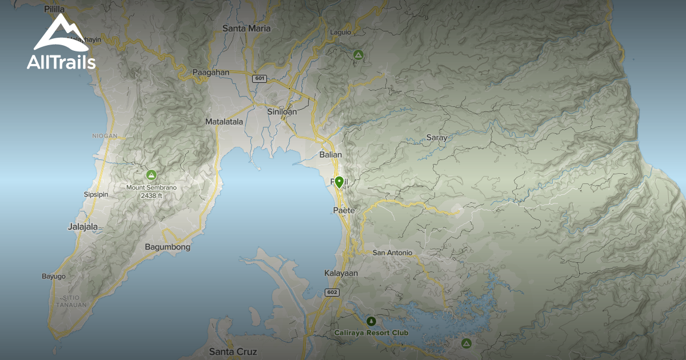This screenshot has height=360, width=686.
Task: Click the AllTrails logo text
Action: pyautogui.click(x=61, y=62)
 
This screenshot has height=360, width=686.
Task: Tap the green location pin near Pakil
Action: pyautogui.click(x=339, y=182)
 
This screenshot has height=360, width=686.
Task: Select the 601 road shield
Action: pyautogui.click(x=260, y=78)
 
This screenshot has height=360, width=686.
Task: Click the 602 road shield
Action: pyautogui.click(x=332, y=293)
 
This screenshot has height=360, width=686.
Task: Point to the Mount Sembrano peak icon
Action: pyautogui.click(x=151, y=175)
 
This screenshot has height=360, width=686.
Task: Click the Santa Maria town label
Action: pyautogui.click(x=246, y=28)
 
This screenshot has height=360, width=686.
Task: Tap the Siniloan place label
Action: pyautogui.click(x=282, y=111)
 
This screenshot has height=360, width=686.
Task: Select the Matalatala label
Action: pyautogui.click(x=224, y=122)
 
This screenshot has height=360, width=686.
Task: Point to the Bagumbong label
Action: pyautogui.click(x=166, y=247)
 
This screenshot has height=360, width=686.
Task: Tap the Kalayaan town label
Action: pyautogui.click(x=341, y=273)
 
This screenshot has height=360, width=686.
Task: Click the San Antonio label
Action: pyautogui.click(x=392, y=253)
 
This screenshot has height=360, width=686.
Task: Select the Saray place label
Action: pyautogui.click(x=437, y=138)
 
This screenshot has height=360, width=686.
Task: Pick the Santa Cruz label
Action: pyautogui.click(x=233, y=351)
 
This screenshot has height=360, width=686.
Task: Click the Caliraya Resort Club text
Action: pyautogui.click(x=372, y=333)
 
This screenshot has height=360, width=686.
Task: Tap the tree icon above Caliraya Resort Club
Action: pyautogui.click(x=372, y=322)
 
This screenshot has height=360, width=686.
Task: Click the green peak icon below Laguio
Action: pyautogui.click(x=358, y=55)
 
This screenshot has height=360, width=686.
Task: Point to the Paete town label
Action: pyautogui.click(x=344, y=211)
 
